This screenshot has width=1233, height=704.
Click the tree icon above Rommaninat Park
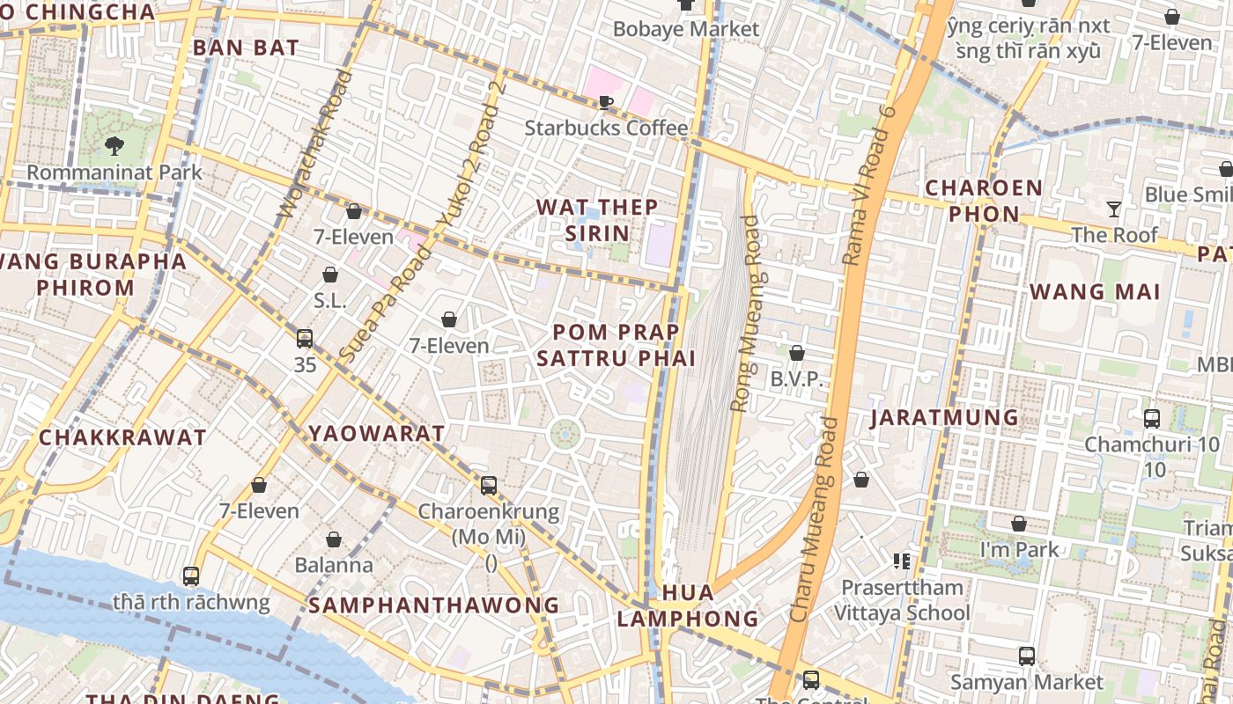click(x=114, y=146)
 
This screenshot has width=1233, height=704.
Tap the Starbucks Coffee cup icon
click(x=606, y=103)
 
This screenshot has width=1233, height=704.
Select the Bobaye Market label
click(x=685, y=29)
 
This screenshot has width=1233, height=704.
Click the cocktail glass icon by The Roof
click(x=1114, y=209)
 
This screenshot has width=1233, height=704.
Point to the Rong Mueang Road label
click(x=745, y=313)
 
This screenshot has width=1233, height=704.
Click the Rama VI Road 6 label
click(x=868, y=185)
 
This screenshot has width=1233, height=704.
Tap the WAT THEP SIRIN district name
click(x=597, y=220)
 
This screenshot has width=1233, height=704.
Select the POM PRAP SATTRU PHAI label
click(x=616, y=345)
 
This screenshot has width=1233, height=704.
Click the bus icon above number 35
click(x=305, y=339)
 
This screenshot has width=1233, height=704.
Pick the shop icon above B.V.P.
click(x=797, y=354)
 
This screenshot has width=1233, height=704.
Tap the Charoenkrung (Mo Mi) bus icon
click(x=489, y=485)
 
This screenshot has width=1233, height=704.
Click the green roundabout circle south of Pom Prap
click(x=565, y=434)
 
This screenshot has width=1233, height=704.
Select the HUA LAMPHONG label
click(x=687, y=605)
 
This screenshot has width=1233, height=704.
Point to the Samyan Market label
click(x=1026, y=682)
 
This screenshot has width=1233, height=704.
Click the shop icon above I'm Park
click(x=1019, y=524)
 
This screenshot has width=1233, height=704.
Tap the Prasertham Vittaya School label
click(x=902, y=599)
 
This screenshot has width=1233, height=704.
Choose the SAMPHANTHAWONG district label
click(x=433, y=605)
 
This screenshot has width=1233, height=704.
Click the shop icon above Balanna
click(x=334, y=539)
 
